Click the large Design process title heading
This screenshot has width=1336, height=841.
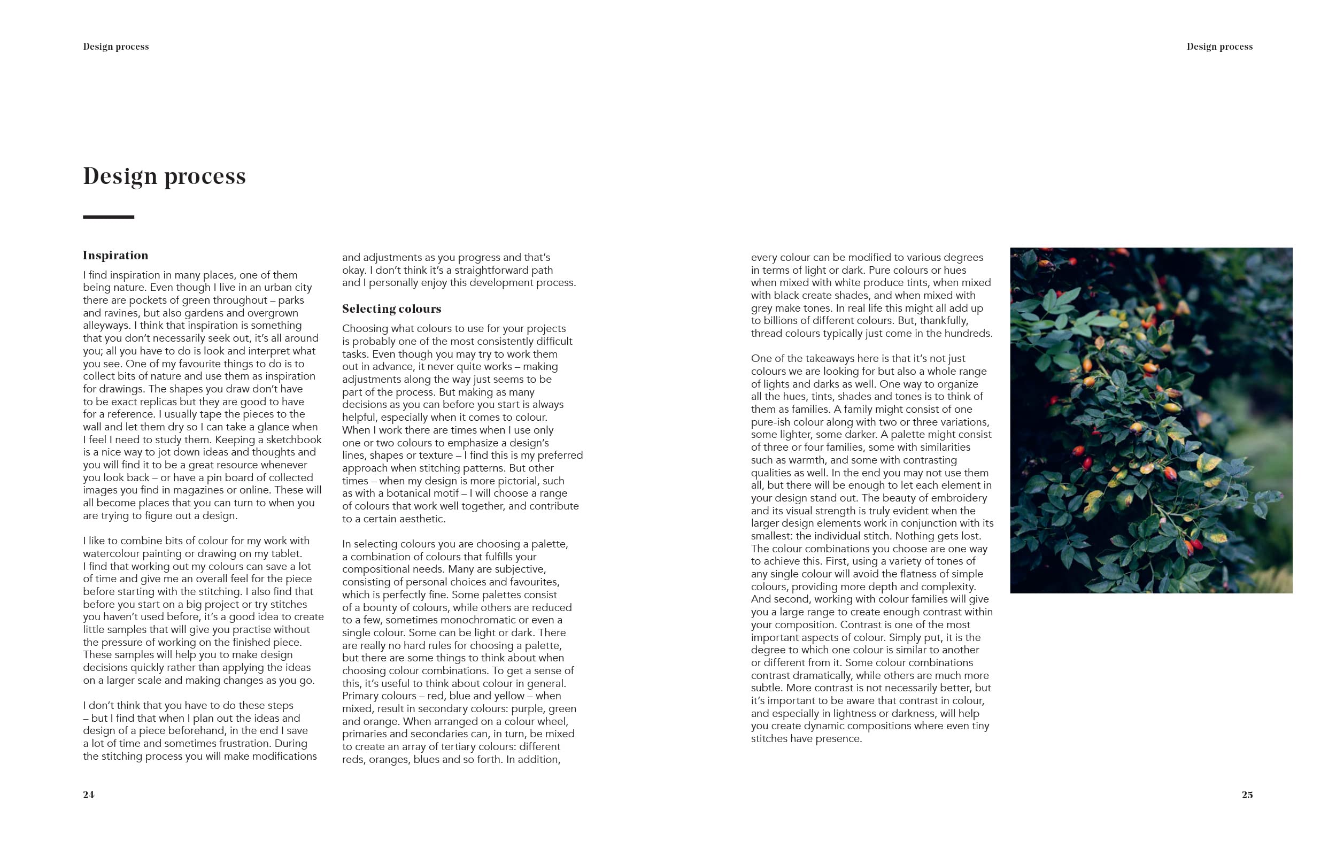click(164, 176)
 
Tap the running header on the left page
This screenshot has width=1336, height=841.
click(116, 47)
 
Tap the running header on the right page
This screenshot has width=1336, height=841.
click(1219, 47)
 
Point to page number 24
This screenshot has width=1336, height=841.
click(89, 794)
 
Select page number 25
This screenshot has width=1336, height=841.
click(1247, 794)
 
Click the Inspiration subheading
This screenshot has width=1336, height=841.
click(115, 255)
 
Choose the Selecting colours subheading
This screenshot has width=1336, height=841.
click(391, 308)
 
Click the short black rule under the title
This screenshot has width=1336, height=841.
click(108, 217)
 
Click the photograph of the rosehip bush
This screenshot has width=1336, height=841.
click(1150, 420)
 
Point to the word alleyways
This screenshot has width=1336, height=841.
click(106, 325)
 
